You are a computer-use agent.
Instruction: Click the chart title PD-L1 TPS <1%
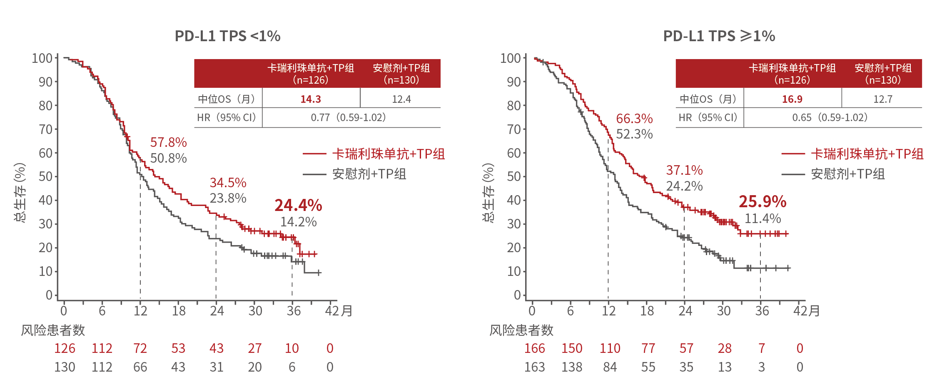point(227,36)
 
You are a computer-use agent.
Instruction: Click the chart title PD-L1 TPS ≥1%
point(719,36)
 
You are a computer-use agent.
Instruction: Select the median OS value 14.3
point(311,99)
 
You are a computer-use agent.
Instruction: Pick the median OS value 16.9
point(792,99)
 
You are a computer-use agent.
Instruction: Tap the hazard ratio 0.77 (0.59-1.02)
point(348,118)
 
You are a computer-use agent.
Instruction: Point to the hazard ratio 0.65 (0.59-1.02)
point(830,118)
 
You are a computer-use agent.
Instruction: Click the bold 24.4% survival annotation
point(298,205)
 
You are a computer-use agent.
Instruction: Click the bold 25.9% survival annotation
point(763,201)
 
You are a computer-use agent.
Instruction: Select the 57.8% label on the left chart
point(168,142)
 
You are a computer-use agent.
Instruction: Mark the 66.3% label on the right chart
point(634,119)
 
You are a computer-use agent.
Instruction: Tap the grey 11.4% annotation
point(763,218)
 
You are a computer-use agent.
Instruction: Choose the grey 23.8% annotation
point(228,198)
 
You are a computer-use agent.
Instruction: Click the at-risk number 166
point(534,348)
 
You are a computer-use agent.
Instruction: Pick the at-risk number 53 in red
point(178,348)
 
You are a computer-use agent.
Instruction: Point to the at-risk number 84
point(610,367)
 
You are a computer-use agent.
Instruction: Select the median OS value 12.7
point(882,99)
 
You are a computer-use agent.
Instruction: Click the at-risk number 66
point(140,367)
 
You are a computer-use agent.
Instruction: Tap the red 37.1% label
point(684,170)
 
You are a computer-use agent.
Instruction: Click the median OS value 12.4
point(401,99)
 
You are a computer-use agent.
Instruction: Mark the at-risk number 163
point(534,367)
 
